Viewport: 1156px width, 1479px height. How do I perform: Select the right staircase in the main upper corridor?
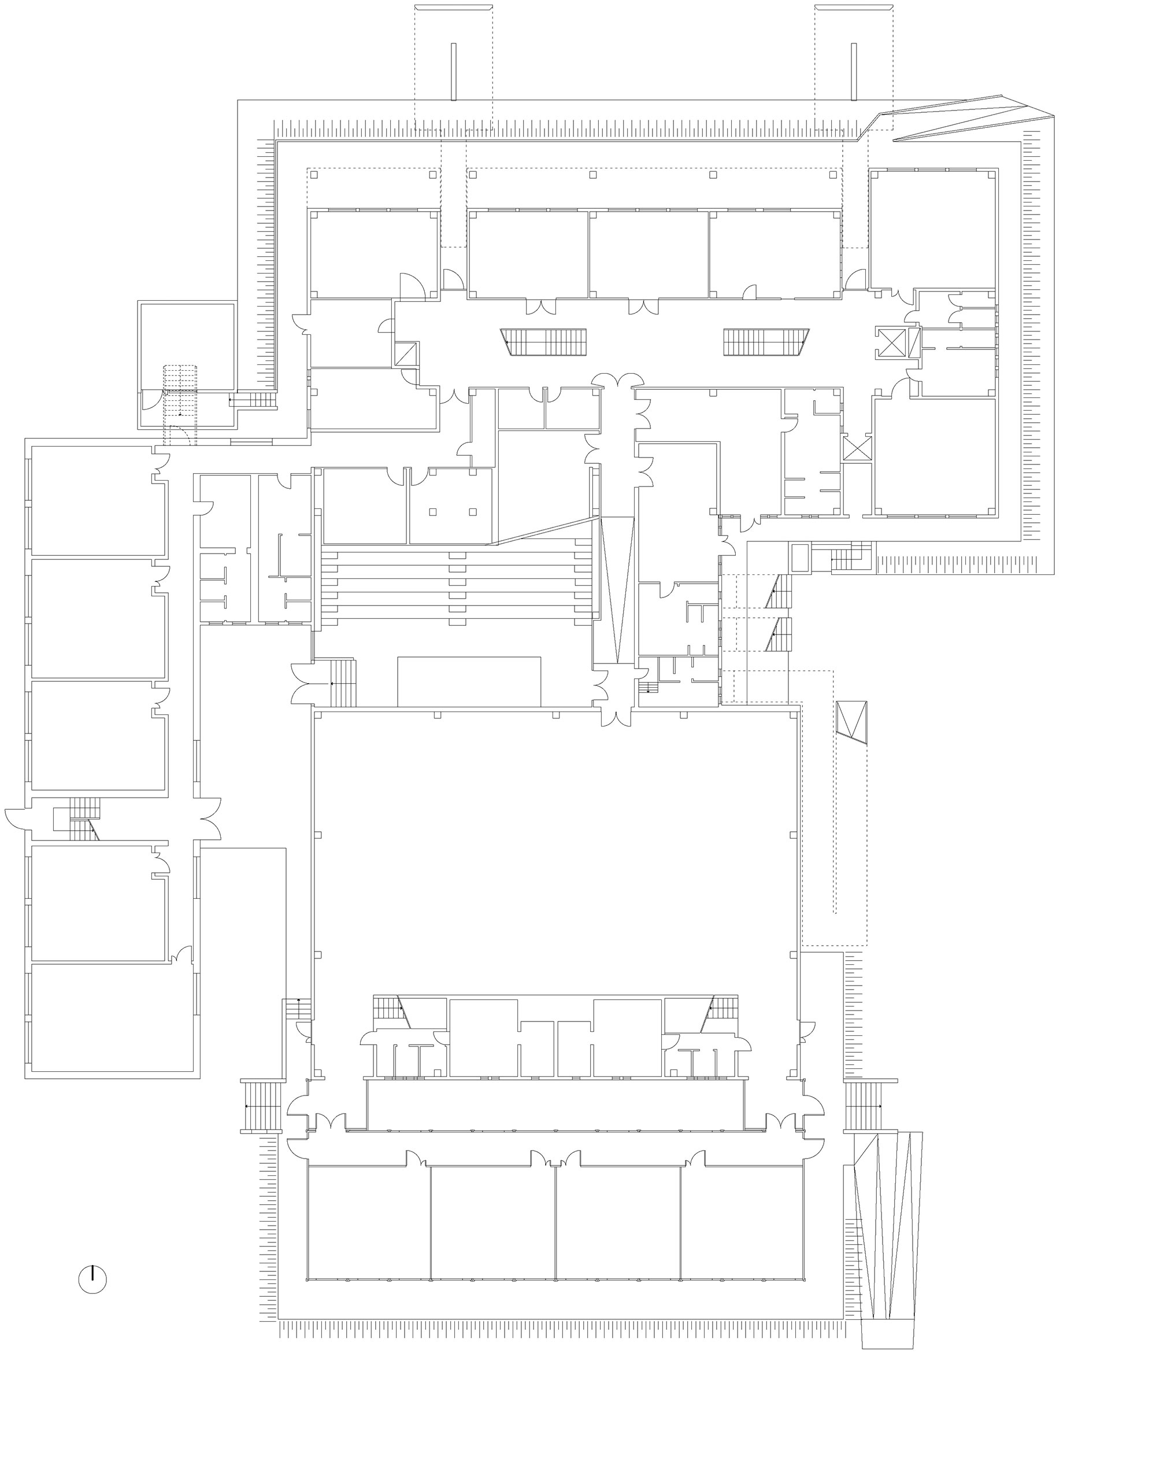click(x=765, y=342)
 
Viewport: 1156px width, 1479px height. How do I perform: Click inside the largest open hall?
click(x=555, y=846)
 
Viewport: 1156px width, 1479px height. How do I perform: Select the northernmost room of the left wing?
click(x=98, y=501)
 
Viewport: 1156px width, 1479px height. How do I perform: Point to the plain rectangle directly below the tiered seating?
click(x=468, y=681)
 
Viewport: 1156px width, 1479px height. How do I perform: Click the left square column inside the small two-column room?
click(x=432, y=511)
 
